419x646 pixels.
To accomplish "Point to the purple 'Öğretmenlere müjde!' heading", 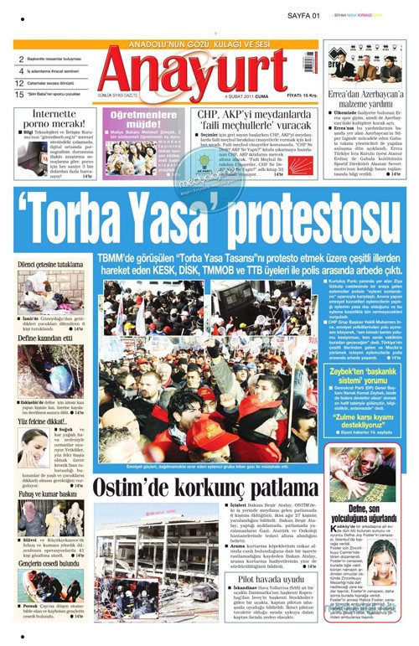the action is pyautogui.click(x=145, y=116).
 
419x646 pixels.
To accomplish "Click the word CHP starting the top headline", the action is pyautogui.click(x=207, y=116).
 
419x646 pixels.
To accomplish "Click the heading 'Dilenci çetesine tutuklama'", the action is pyautogui.click(x=49, y=265).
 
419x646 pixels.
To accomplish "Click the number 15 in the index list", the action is pyautogui.click(x=18, y=93).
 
